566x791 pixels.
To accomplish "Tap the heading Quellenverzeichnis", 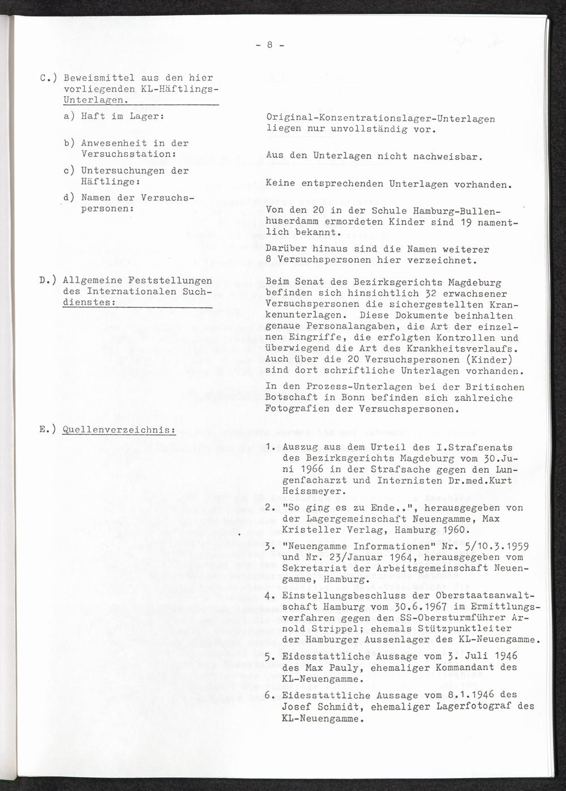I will [x=120, y=429].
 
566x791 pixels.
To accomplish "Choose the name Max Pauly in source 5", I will [x=330, y=668].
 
